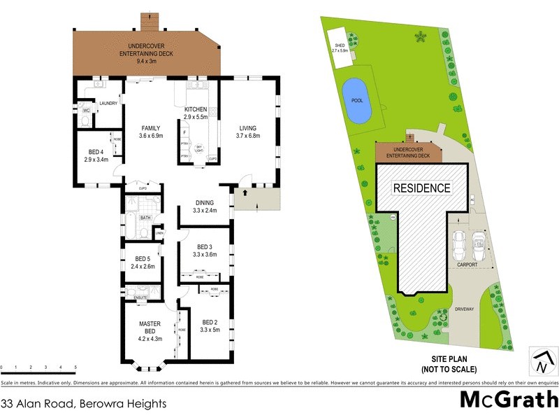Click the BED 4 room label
click(x=96, y=152)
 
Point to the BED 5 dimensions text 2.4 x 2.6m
click(x=143, y=266)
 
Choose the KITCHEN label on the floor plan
click(x=196, y=111)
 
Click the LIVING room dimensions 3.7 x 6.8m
click(x=249, y=136)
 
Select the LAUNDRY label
click(x=108, y=104)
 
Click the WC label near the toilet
click(x=87, y=111)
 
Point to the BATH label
click(x=145, y=218)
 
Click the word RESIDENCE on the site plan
click(x=421, y=188)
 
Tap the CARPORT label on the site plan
click(x=467, y=265)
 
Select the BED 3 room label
click(x=205, y=246)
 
